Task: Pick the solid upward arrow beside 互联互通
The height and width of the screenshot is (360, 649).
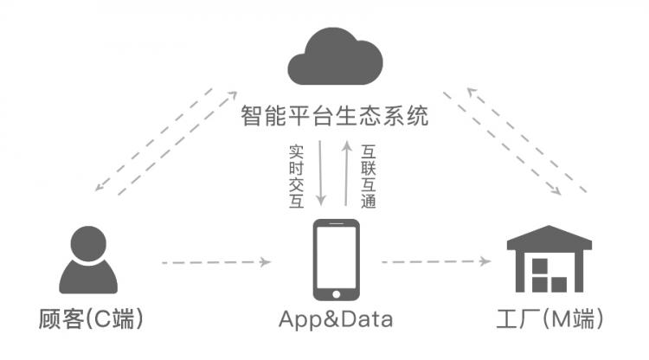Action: [345, 173]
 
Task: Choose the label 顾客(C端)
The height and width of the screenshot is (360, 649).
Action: [91, 319]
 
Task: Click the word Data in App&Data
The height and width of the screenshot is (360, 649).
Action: [363, 319]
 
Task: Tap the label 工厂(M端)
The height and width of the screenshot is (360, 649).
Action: [553, 319]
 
